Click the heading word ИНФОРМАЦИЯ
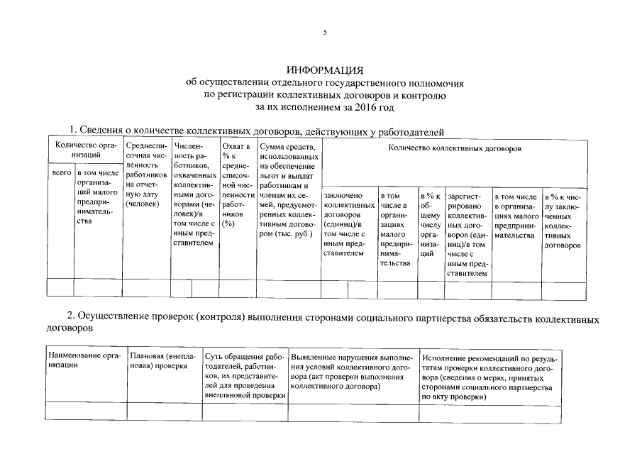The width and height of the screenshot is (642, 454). pyautogui.click(x=325, y=70)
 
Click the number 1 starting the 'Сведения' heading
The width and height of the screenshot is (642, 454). pyautogui.click(x=72, y=131)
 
